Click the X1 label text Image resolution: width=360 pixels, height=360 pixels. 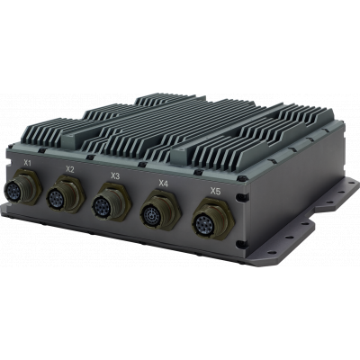point(28,162)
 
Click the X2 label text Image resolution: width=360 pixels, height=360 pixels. point(70,168)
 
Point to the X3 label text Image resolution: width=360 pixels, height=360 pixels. point(114,175)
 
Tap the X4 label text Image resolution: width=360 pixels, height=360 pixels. point(163,184)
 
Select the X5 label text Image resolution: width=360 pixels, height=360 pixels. point(214,191)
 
